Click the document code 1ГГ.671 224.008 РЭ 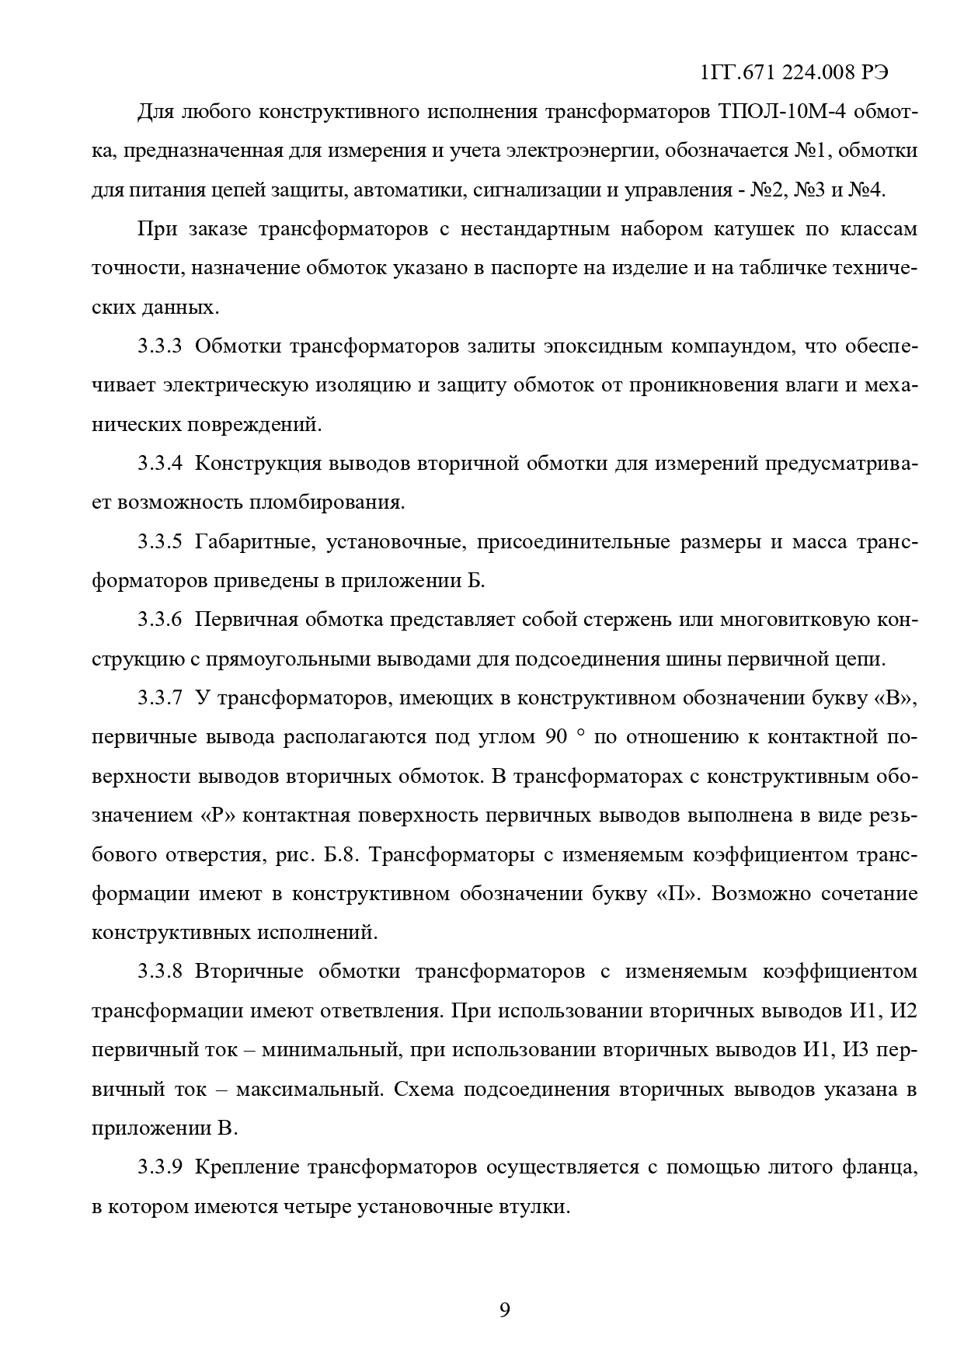794,72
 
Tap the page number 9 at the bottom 504,1310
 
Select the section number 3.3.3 160,346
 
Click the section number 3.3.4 160,464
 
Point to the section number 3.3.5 160,542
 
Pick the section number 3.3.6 160,620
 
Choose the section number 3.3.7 160,698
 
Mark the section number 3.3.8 160,972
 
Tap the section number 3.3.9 160,1167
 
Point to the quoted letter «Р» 218,815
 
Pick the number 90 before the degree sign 556,737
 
